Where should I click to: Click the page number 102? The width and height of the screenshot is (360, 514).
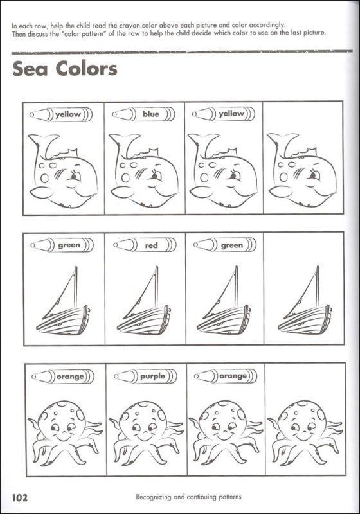click(x=20, y=498)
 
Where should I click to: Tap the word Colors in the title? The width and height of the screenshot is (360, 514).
click(x=86, y=69)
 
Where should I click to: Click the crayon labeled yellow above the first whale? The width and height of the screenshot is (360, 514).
click(x=61, y=115)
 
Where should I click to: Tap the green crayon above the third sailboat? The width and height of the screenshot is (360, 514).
click(x=225, y=245)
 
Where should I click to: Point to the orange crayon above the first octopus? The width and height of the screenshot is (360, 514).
click(x=63, y=377)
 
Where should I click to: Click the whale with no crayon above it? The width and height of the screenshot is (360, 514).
click(x=302, y=170)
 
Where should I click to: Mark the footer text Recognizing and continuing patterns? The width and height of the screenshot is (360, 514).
click(x=188, y=497)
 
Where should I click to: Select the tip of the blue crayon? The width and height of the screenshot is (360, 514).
click(x=114, y=114)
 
